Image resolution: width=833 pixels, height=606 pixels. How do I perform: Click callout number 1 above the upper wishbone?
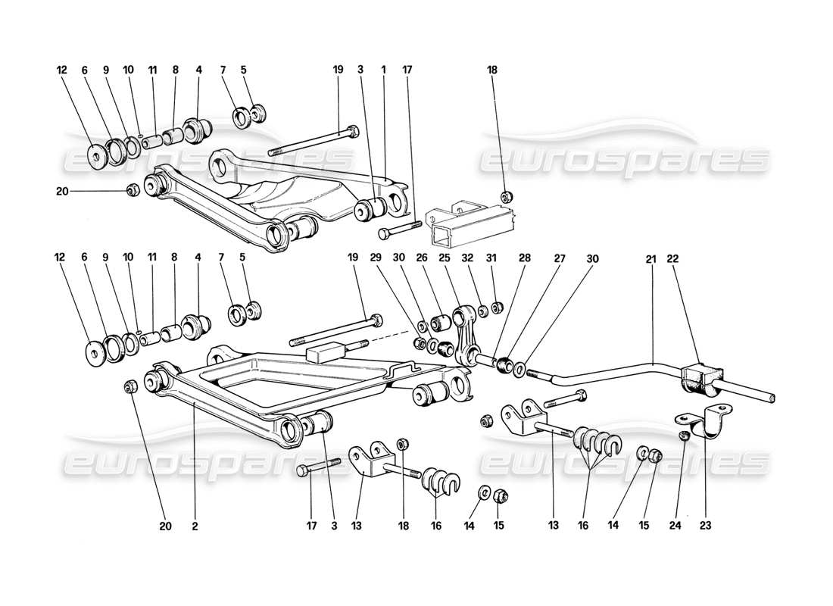384,70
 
